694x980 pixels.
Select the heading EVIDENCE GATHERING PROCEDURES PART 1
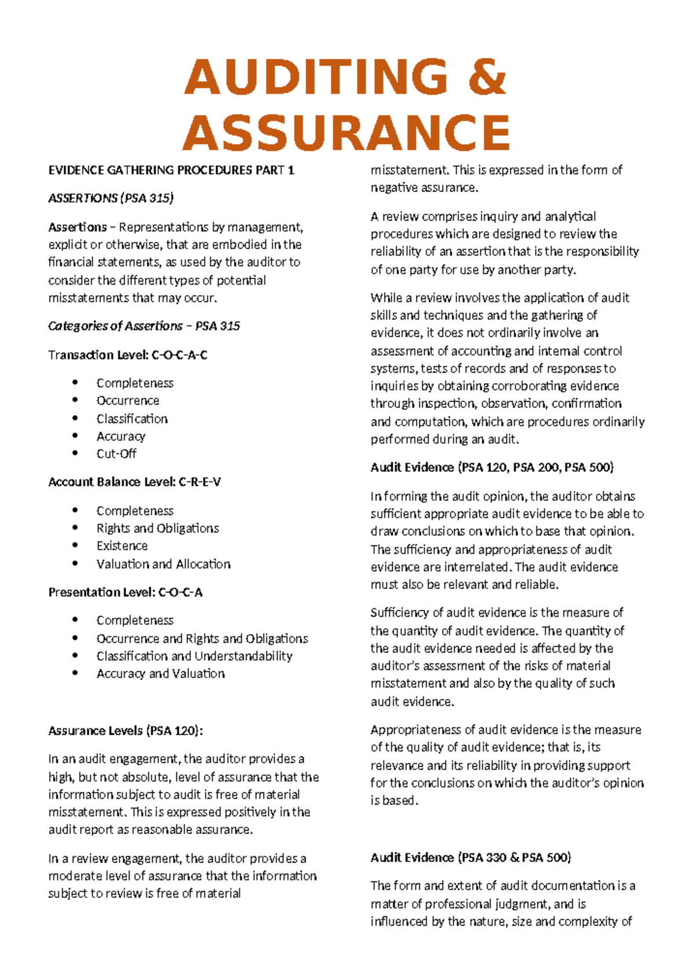171,170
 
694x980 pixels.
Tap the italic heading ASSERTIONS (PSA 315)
110,198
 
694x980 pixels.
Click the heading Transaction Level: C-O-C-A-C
127,355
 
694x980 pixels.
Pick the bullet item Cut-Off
116,454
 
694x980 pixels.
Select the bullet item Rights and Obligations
157,528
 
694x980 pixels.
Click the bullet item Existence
121,546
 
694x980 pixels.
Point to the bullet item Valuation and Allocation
163,563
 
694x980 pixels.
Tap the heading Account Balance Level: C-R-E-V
134,482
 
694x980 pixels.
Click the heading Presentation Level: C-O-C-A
125,592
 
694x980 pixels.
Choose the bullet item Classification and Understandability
194,656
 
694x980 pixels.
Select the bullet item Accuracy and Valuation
160,673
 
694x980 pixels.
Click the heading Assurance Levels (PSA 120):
125,731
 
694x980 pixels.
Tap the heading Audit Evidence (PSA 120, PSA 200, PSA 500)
492,467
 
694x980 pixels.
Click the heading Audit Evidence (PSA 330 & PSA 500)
470,857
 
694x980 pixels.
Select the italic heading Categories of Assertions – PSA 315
143,326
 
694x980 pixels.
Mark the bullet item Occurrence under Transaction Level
127,400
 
